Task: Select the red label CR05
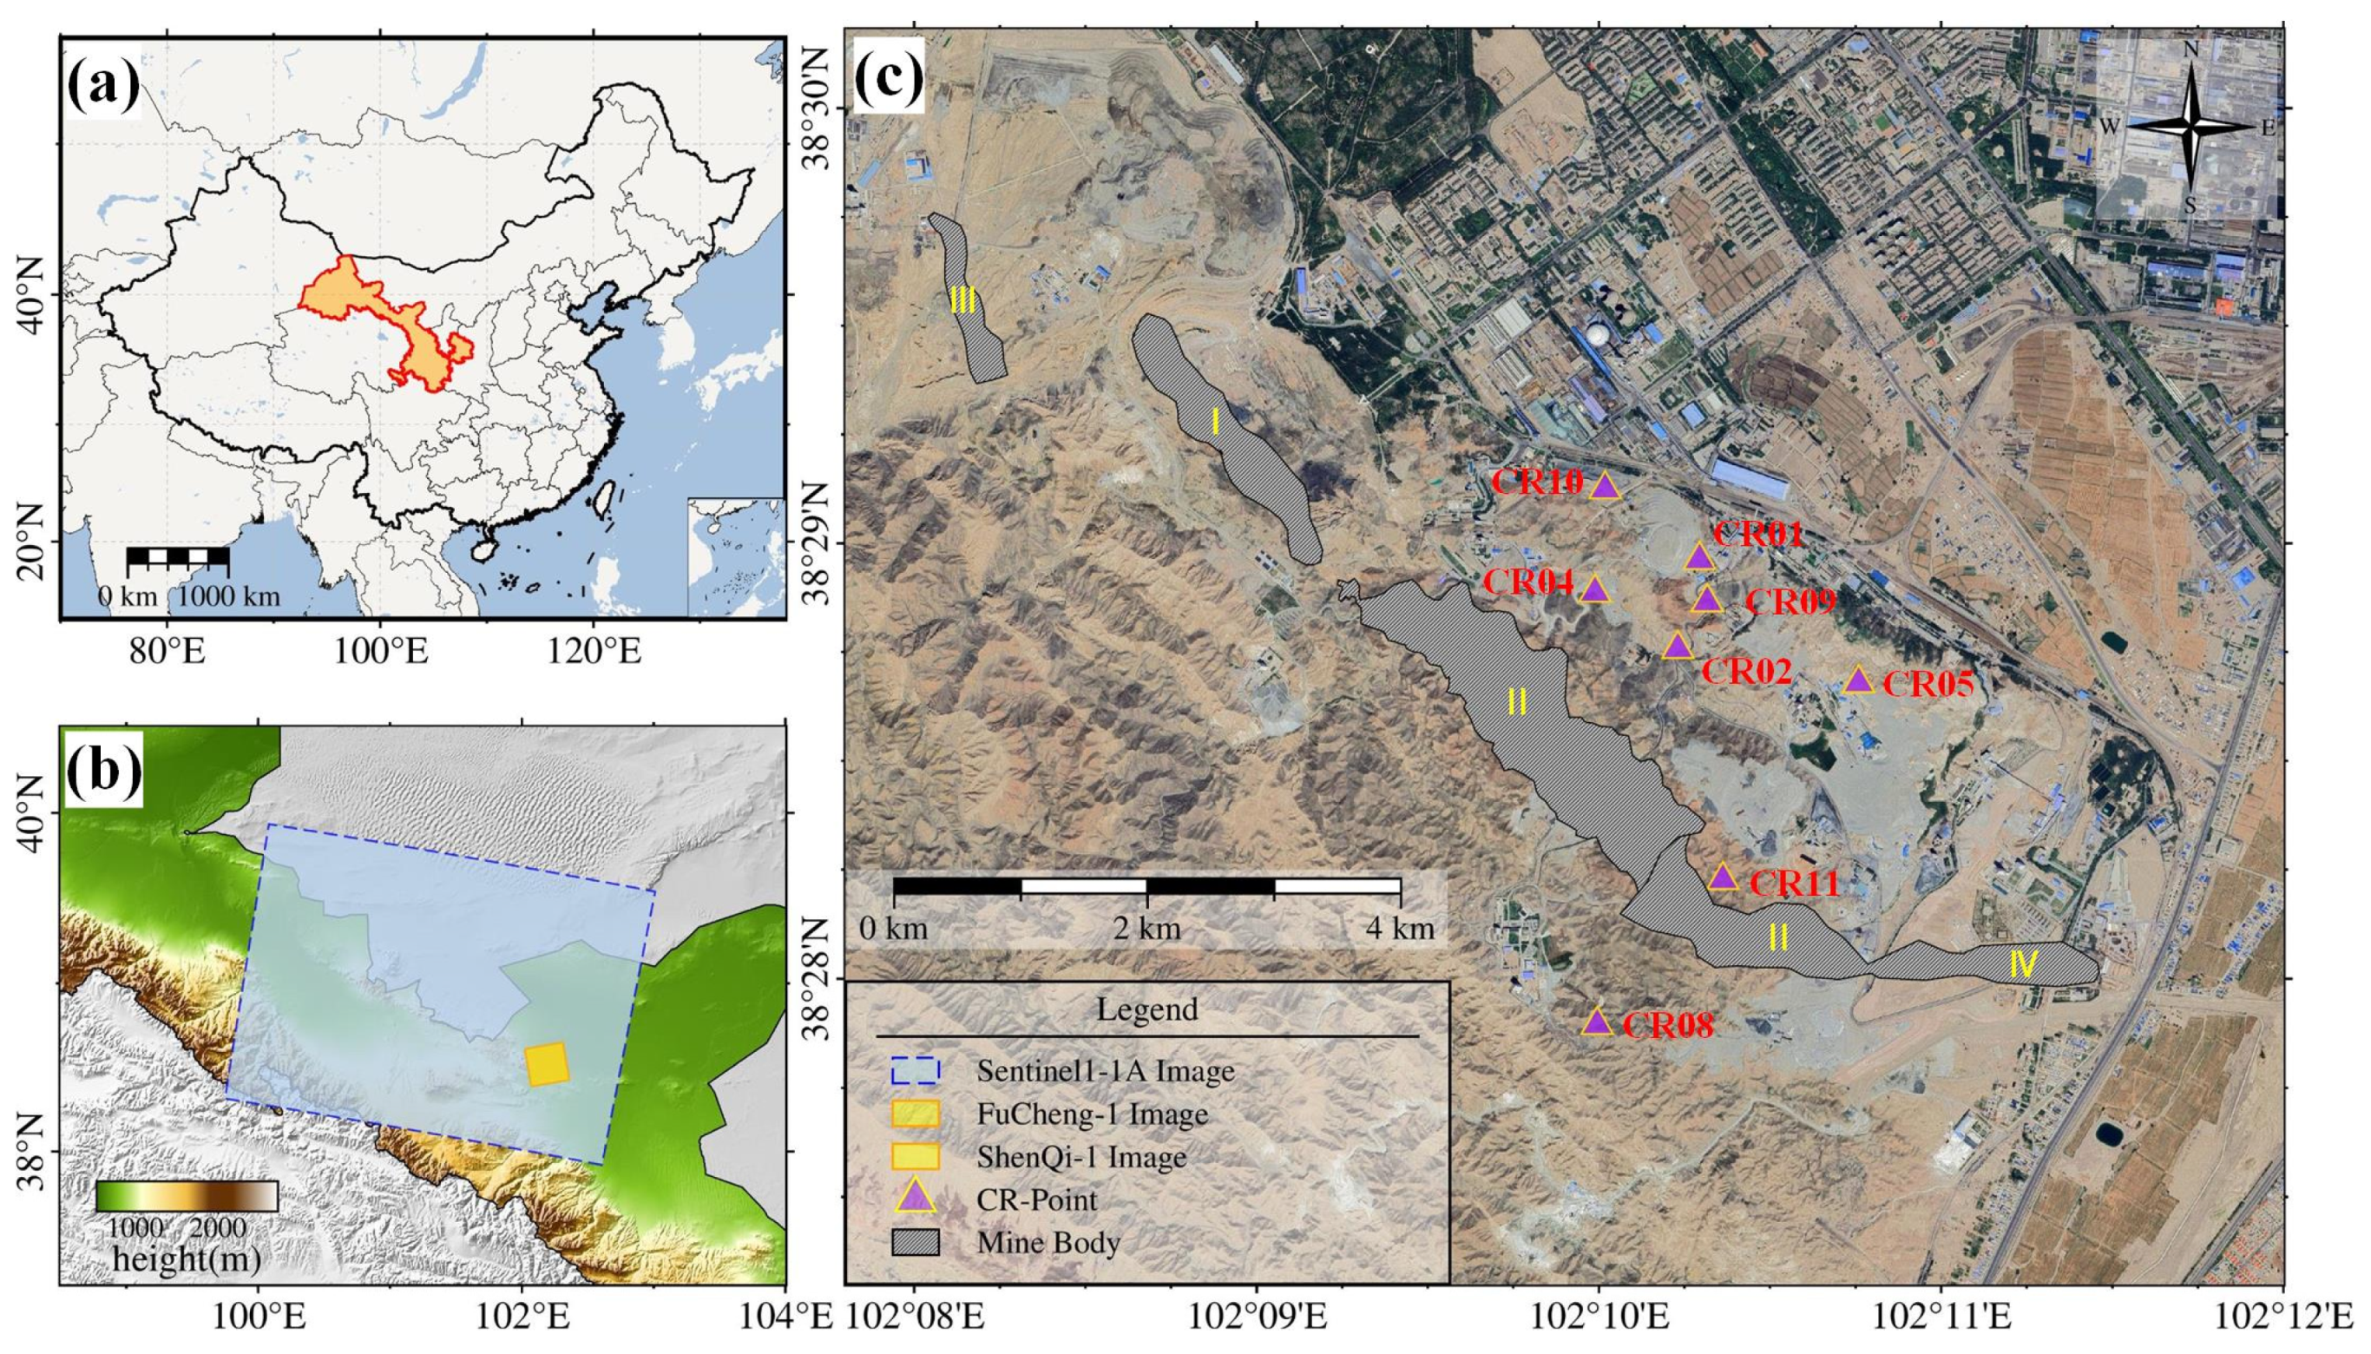[x=1928, y=685]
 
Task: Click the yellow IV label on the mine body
[x=2023, y=965]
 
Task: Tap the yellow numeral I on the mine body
[x=1215, y=422]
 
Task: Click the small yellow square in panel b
[x=547, y=1065]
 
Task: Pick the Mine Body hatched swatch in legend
[x=915, y=1242]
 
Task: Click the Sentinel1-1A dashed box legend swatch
[x=915, y=1070]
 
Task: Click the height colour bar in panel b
[x=187, y=1196]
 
